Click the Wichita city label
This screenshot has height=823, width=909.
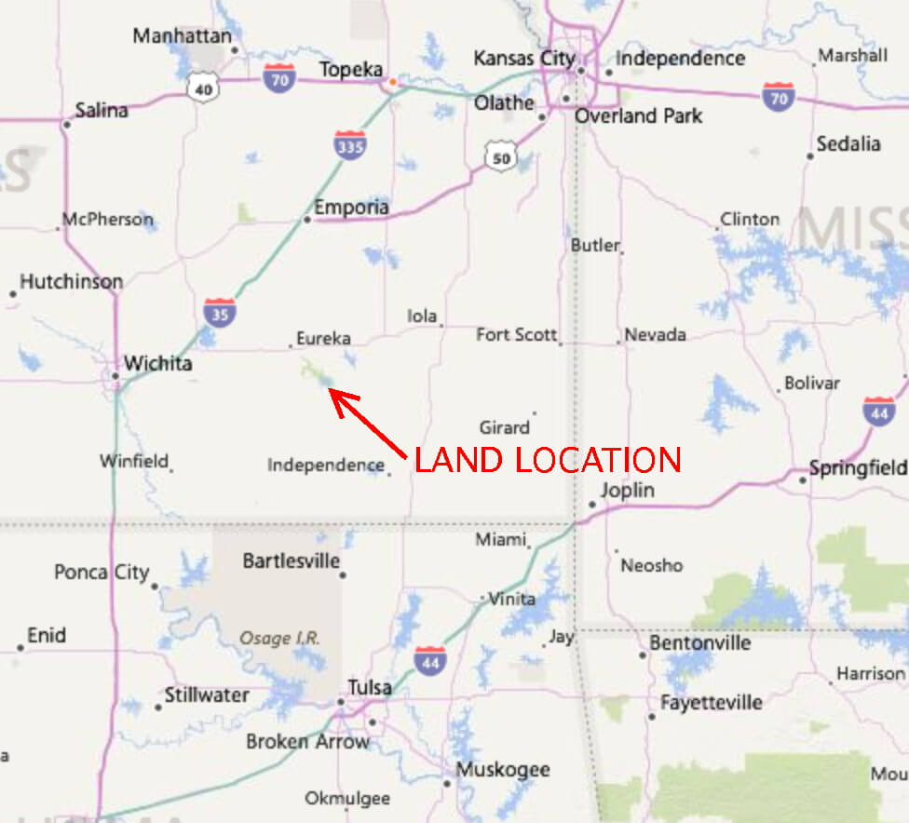158,363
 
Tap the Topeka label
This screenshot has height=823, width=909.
352,70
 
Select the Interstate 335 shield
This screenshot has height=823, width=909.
349,144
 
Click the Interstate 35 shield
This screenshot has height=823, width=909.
220,312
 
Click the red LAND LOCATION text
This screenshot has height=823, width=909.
548,460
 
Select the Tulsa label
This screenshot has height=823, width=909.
370,688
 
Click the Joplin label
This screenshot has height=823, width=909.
628,490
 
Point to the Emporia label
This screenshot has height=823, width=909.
351,207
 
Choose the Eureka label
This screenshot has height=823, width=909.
323,339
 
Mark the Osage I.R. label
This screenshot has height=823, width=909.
279,639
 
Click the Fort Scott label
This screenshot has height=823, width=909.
517,334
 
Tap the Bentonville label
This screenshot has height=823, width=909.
700,643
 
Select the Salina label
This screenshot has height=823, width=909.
102,110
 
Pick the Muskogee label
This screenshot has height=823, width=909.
503,770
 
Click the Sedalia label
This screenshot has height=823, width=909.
848,143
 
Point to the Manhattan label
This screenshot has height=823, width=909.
182,36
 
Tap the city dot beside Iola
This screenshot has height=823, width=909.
441,326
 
